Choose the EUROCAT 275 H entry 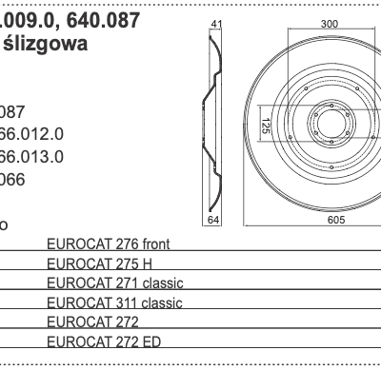coord(99,263)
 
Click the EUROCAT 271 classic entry coord(114,283)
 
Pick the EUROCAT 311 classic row coord(114,302)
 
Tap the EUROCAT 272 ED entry coord(105,341)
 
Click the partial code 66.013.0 coord(31,155)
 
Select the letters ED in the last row coord(152,341)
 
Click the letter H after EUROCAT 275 coord(148,263)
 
